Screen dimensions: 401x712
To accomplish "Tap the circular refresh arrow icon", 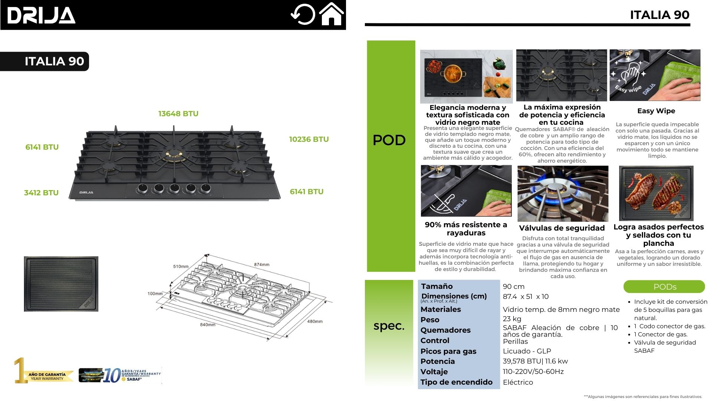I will coord(303,15).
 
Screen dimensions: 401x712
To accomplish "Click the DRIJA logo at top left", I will coord(42,16).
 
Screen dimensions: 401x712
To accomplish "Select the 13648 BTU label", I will coord(178,114).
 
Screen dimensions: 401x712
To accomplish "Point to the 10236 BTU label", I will coord(309,139).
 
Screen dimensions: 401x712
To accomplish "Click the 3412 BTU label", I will coord(41,193).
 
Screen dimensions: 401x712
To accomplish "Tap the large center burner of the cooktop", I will coord(173,153).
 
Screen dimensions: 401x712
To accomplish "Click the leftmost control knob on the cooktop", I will coord(142,189).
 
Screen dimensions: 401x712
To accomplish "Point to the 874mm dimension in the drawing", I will coord(262,265).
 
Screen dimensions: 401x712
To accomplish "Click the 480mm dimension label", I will coord(315,321).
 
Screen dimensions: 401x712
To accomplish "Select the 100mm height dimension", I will coord(155,293).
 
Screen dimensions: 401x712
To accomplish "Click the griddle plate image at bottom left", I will coord(61,284).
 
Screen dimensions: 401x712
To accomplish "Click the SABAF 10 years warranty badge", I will coord(121,375).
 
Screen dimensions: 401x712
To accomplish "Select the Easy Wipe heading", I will coord(656,111).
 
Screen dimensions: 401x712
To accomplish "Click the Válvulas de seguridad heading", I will coord(562,228).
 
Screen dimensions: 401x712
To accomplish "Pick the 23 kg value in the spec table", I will coord(512,319).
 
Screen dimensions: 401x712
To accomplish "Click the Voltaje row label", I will coord(434,372).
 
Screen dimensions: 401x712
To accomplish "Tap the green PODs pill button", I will coord(664,287).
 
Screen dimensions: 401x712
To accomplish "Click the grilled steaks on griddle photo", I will coord(656,193).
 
